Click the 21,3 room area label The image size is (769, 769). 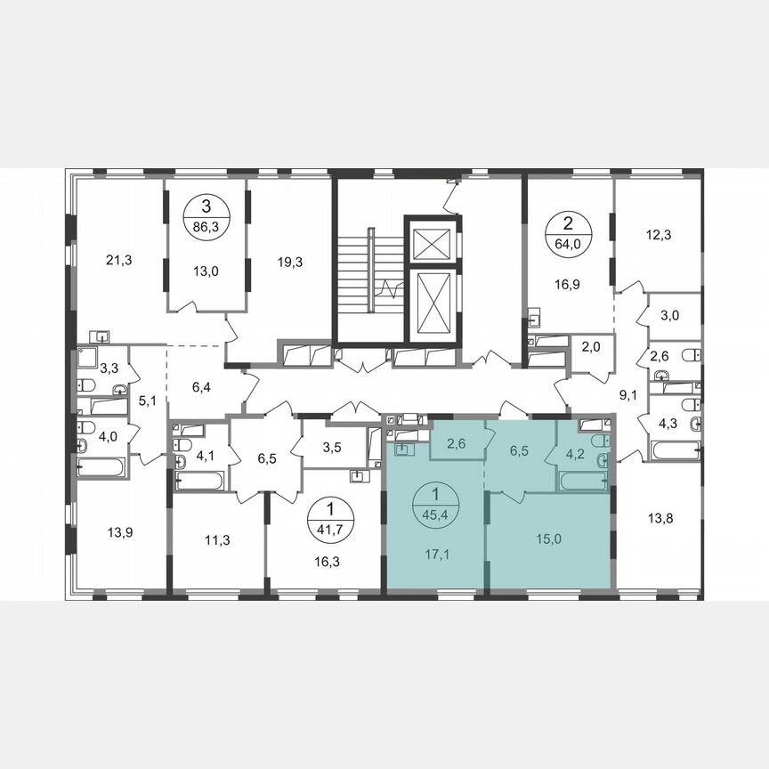(x=118, y=260)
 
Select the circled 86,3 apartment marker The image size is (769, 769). (x=206, y=216)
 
